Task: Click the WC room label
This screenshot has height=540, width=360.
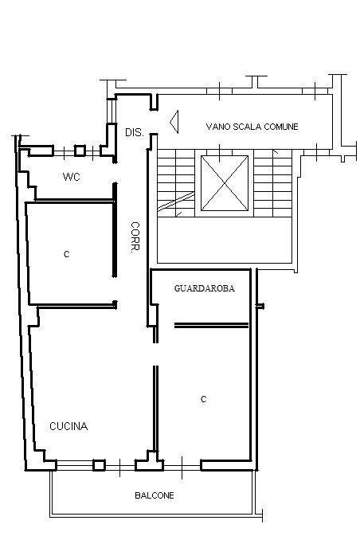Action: tap(72, 177)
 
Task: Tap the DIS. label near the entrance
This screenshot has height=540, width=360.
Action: tap(135, 132)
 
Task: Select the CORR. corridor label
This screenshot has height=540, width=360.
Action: tap(135, 237)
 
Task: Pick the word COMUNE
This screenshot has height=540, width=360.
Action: tap(281, 127)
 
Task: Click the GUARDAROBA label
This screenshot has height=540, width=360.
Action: tap(205, 288)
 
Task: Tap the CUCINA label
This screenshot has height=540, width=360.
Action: tap(68, 426)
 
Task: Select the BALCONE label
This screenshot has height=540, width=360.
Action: tap(155, 495)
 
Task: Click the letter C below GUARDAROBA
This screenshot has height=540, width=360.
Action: tap(204, 399)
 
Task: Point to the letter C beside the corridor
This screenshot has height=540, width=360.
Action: tap(66, 254)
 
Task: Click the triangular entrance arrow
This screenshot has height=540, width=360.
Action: tap(174, 122)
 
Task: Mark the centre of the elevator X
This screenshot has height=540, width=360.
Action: tap(225, 182)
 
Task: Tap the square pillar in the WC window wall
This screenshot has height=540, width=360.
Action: tap(80, 151)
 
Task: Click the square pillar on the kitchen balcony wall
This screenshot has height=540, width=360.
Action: tap(99, 465)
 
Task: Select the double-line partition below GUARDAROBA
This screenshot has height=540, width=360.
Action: tap(211, 325)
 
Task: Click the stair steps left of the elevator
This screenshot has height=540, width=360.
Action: tap(176, 183)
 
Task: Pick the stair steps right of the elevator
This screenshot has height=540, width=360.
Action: tap(273, 183)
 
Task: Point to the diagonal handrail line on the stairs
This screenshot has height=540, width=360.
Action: tap(176, 202)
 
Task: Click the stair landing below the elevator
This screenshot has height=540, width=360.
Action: tap(225, 240)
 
